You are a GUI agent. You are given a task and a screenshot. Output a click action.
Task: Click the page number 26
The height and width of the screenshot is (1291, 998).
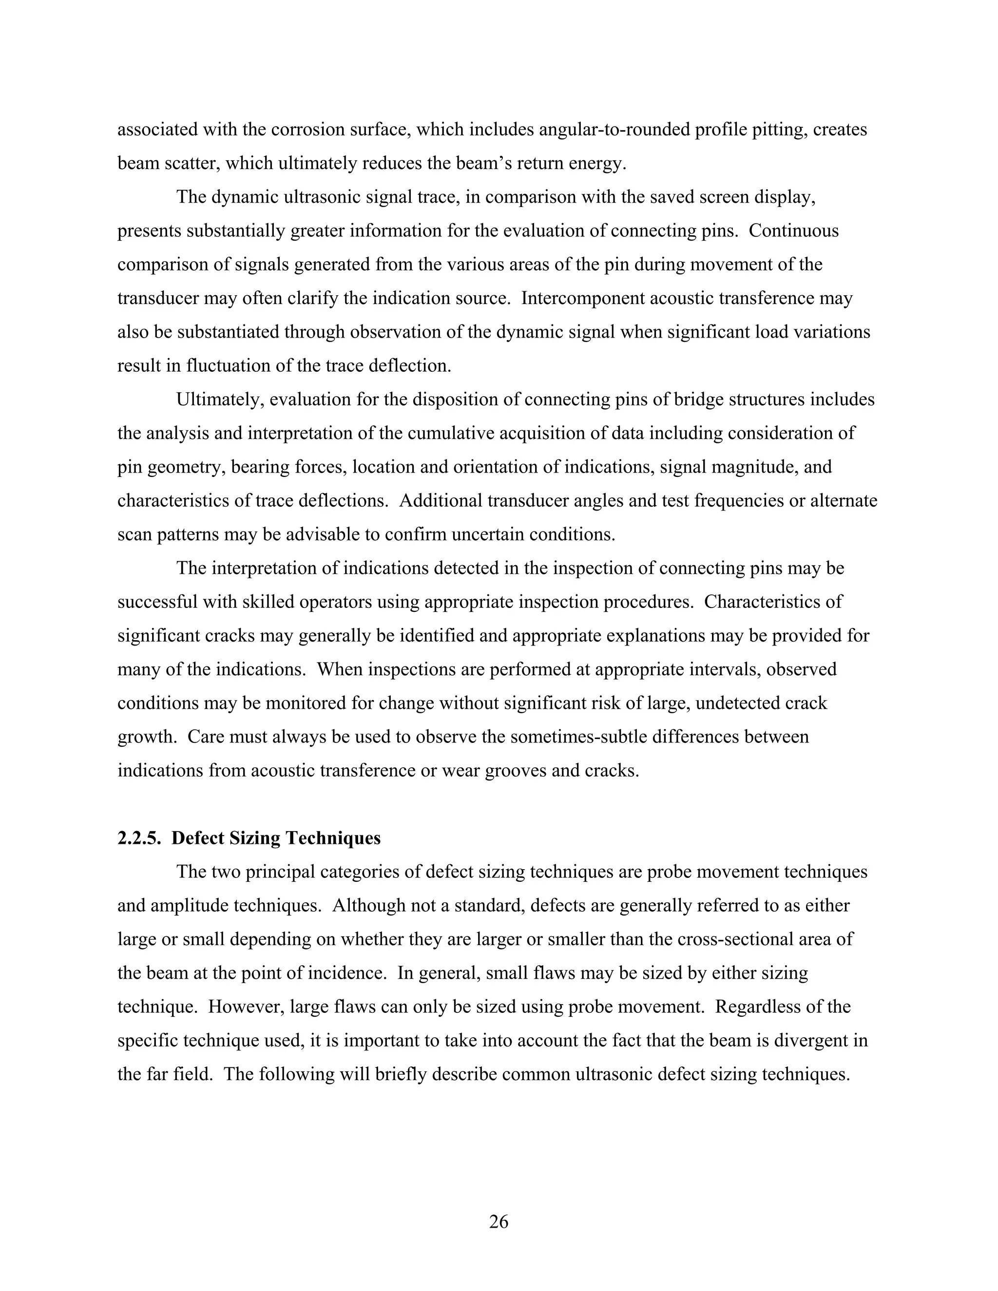click(x=499, y=1221)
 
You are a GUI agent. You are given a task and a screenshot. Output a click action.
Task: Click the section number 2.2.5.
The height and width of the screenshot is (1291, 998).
click(x=139, y=838)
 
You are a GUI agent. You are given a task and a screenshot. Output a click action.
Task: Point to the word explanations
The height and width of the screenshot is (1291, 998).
click(x=669, y=635)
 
